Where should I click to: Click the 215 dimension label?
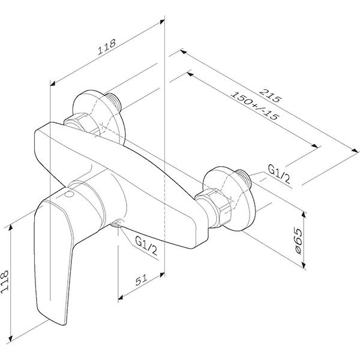point(271,95)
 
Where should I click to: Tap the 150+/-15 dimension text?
point(254,106)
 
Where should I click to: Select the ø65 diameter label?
point(298,241)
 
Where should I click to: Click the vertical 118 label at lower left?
point(5,282)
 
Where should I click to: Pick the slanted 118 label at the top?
point(107,47)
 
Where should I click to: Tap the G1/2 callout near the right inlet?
point(279,174)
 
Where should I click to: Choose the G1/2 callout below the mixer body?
point(146,246)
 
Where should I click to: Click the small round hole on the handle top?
point(70,195)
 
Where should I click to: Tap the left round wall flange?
point(99,117)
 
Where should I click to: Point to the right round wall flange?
point(229,199)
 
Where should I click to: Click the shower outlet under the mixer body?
point(117,223)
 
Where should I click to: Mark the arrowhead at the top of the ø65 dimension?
point(304,215)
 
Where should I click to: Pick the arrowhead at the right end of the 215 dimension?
point(355,151)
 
